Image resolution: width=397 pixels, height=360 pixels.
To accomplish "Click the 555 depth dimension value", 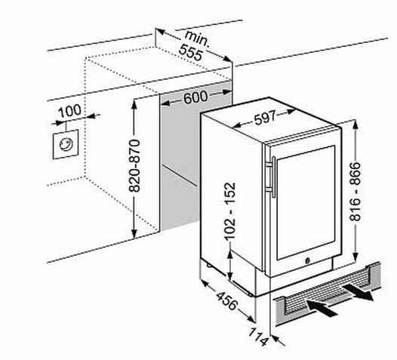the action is [191, 53].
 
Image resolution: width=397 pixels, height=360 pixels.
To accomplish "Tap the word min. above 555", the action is [198, 38].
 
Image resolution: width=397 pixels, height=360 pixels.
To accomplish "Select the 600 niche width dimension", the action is [195, 97].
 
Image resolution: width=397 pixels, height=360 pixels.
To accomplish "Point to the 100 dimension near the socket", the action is [69, 110].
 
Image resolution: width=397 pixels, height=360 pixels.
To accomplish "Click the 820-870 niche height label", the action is [134, 165].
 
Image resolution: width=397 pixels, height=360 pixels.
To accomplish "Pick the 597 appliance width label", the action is [265, 118].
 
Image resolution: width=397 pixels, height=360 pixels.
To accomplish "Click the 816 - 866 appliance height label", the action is [355, 192].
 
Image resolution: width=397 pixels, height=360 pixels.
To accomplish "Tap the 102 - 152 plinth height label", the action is [230, 211].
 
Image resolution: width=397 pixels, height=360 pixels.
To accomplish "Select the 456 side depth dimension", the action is [227, 300].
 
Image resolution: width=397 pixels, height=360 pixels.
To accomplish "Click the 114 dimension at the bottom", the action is [258, 337].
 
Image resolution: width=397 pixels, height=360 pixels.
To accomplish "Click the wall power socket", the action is [66, 145].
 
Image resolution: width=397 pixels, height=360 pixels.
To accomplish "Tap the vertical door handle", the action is [274, 177].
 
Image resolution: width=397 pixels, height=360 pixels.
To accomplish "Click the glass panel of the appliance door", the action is [306, 203].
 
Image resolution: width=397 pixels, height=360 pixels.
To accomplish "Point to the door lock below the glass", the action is [308, 260].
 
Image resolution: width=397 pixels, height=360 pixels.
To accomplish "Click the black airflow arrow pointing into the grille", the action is [322, 308].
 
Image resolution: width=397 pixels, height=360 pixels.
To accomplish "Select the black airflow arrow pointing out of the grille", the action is [359, 291].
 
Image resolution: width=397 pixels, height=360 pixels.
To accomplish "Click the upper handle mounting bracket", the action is [269, 165].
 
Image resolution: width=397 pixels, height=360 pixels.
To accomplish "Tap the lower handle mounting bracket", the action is [269, 189].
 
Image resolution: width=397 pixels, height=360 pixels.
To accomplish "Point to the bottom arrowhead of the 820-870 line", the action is [134, 233].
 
